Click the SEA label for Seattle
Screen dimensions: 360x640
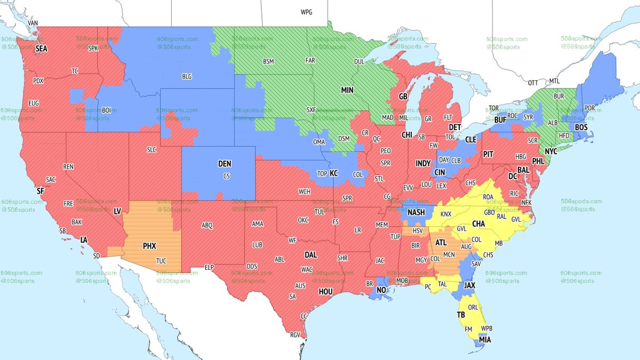42,49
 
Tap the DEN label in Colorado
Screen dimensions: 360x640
225,165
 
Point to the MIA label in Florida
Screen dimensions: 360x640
485,340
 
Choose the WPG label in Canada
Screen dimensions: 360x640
307,12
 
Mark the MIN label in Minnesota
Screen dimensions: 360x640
347,90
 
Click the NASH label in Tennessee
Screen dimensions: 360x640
416,212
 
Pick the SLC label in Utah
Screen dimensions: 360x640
151,150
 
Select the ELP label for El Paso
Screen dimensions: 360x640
210,267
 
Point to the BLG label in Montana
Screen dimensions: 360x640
187,77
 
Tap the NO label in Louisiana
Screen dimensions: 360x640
381,291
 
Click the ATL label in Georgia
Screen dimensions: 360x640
441,242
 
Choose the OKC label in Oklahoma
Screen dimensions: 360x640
303,220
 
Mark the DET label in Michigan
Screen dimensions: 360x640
454,127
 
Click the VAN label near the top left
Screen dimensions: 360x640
33,23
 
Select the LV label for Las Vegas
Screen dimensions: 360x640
117,212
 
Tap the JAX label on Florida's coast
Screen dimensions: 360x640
469,285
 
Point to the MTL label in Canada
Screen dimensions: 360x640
555,81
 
